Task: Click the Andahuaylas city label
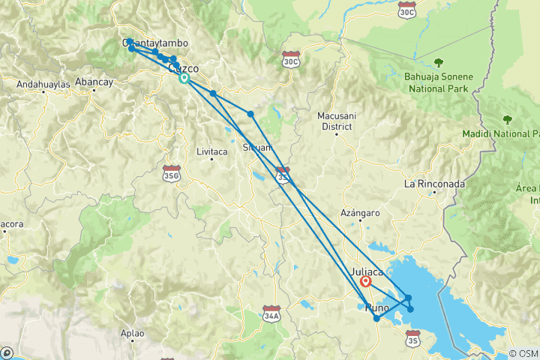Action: tap(43, 85)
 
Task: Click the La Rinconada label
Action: tap(434, 184)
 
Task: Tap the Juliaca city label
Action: tap(367, 271)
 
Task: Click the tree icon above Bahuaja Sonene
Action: tap(438, 63)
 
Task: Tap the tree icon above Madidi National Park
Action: tap(508, 119)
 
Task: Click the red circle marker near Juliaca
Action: tap(365, 282)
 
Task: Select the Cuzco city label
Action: tap(184, 68)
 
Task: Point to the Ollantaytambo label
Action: tap(155, 43)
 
